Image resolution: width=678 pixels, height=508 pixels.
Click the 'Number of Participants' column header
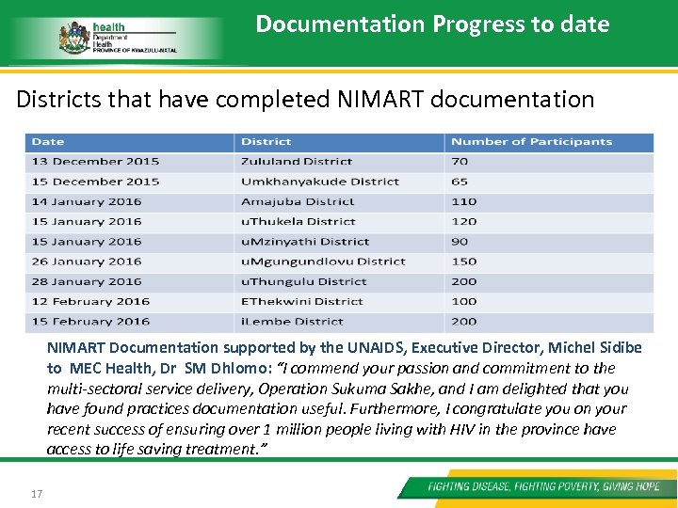tap(531, 142)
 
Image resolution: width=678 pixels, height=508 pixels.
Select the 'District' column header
tap(266, 142)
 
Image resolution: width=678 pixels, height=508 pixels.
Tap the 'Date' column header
tap(48, 142)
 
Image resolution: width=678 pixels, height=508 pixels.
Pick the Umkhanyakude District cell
tap(320, 182)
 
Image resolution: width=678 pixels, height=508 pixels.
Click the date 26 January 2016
tap(87, 262)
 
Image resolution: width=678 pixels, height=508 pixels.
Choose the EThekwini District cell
tap(301, 301)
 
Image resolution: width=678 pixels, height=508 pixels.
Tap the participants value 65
tap(460, 182)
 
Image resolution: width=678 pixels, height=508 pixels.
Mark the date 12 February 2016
tap(90, 301)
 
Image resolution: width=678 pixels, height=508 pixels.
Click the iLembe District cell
tap(292, 321)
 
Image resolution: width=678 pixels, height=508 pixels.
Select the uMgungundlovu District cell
tap(323, 262)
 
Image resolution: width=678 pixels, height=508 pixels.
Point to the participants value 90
tap(460, 242)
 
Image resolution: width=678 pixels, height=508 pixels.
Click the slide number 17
tap(37, 493)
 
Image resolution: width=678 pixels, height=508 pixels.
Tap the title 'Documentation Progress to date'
tap(432, 24)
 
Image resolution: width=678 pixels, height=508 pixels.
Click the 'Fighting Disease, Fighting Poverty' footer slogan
tap(543, 487)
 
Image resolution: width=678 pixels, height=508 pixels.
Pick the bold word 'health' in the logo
tap(108, 26)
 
